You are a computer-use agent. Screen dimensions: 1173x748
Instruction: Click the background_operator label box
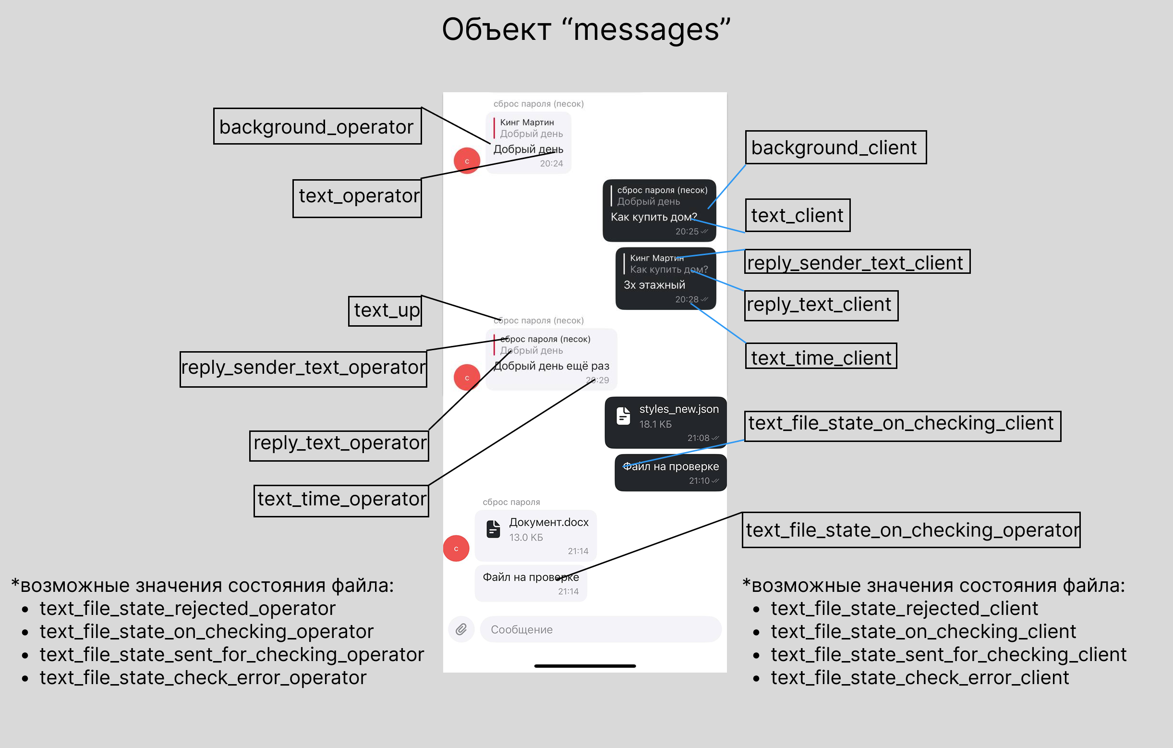(x=317, y=126)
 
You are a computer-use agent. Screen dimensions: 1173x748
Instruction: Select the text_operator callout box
(x=357, y=198)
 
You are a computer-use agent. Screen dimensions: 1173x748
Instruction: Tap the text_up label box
(x=385, y=311)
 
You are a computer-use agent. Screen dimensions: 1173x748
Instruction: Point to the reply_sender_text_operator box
(x=303, y=369)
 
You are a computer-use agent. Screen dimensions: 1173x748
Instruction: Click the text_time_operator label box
(x=341, y=501)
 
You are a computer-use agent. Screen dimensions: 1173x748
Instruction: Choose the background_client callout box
(x=836, y=147)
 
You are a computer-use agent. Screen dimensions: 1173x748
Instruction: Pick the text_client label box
(x=798, y=215)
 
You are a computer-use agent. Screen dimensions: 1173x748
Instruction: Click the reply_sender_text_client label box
(x=858, y=262)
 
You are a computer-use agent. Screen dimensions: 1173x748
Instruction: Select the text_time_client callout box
(x=822, y=356)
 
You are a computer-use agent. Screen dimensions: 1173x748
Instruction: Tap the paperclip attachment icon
(x=461, y=629)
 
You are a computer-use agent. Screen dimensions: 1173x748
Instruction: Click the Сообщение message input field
(x=601, y=629)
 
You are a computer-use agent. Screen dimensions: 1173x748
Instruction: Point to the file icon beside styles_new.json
(x=623, y=416)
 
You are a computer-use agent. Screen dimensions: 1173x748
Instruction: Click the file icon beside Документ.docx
(x=493, y=529)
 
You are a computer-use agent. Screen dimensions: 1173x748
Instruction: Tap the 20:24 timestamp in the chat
(x=551, y=164)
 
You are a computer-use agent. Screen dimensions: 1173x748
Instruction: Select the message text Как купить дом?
(x=654, y=217)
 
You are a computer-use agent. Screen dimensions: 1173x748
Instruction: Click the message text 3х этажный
(x=654, y=284)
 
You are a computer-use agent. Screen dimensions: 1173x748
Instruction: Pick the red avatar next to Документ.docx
(x=456, y=548)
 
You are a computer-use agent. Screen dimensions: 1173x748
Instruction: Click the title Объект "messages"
(x=586, y=29)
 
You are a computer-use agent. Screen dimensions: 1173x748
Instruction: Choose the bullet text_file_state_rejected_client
(x=904, y=608)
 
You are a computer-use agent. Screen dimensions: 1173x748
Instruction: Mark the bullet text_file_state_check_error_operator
(x=203, y=677)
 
